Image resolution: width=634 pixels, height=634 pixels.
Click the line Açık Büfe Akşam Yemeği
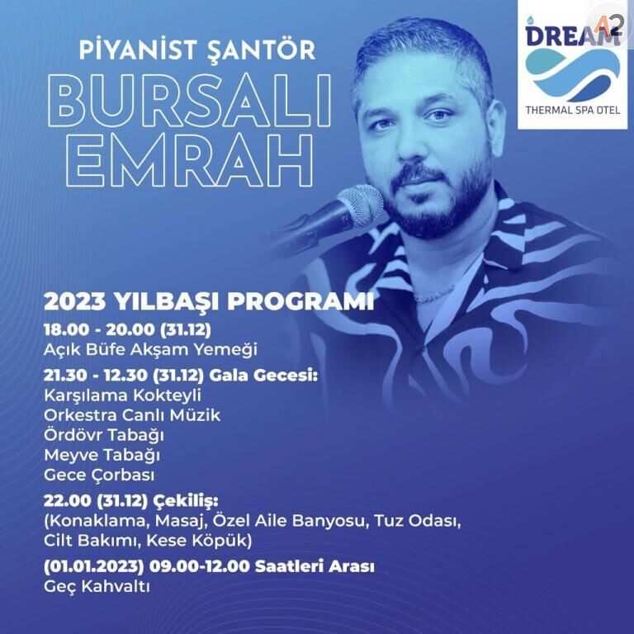[151, 349]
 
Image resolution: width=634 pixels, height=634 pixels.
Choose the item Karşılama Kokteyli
[123, 395]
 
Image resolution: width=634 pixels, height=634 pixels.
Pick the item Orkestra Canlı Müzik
[133, 415]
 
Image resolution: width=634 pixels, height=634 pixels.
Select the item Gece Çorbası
[99, 475]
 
